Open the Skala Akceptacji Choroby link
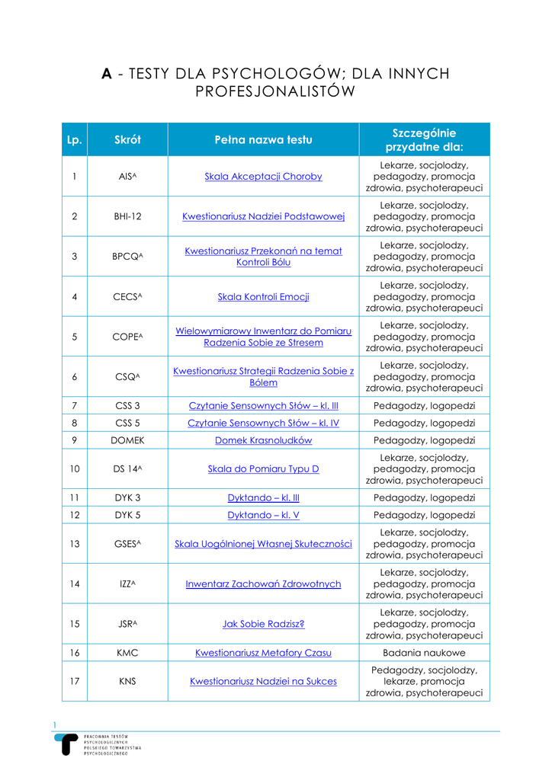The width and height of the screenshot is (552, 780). pyautogui.click(x=263, y=177)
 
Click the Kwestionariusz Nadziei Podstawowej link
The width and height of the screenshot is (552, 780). pyautogui.click(x=263, y=216)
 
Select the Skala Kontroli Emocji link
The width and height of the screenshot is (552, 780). pyautogui.click(x=263, y=296)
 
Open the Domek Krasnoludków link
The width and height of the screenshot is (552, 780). pyautogui.click(x=263, y=440)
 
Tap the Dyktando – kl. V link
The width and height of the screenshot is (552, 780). pyautogui.click(x=263, y=516)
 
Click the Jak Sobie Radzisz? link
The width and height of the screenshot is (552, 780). pyautogui.click(x=263, y=624)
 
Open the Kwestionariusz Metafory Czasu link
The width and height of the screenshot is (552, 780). pyautogui.click(x=263, y=653)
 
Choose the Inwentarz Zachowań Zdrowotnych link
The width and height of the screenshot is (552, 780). pyautogui.click(x=263, y=584)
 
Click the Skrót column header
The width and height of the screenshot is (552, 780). pyautogui.click(x=127, y=139)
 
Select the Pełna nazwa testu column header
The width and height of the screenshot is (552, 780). pyautogui.click(x=263, y=139)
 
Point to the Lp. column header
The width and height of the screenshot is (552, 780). pyautogui.click(x=74, y=139)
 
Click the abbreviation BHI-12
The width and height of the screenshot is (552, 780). pyautogui.click(x=127, y=216)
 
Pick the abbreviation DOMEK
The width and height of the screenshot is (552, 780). pyautogui.click(x=127, y=440)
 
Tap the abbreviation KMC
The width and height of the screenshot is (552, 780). pyautogui.click(x=127, y=653)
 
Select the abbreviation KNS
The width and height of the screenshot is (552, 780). pyautogui.click(x=127, y=682)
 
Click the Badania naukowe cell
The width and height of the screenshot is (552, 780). pyautogui.click(x=424, y=653)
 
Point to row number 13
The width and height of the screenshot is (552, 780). pyautogui.click(x=74, y=544)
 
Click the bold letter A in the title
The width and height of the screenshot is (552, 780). pyautogui.click(x=108, y=74)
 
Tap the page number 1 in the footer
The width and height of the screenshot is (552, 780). pyautogui.click(x=55, y=724)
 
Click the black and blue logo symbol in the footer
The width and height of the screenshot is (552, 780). pyautogui.click(x=69, y=744)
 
